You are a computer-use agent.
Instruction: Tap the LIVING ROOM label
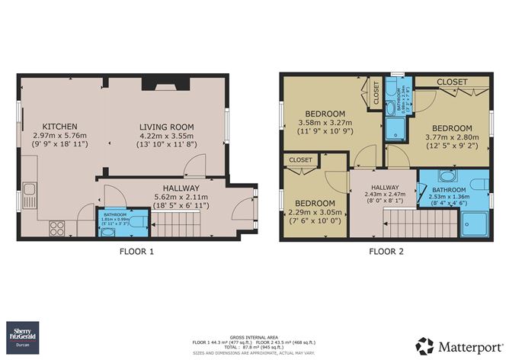pyautogui.click(x=166, y=127)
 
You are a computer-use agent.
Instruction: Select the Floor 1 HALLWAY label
pyautogui.click(x=180, y=188)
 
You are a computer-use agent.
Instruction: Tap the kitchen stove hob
pyautogui.click(x=57, y=227)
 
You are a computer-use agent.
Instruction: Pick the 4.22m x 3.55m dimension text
pyautogui.click(x=166, y=139)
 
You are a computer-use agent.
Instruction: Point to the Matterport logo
pyautogui.click(x=457, y=343)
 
